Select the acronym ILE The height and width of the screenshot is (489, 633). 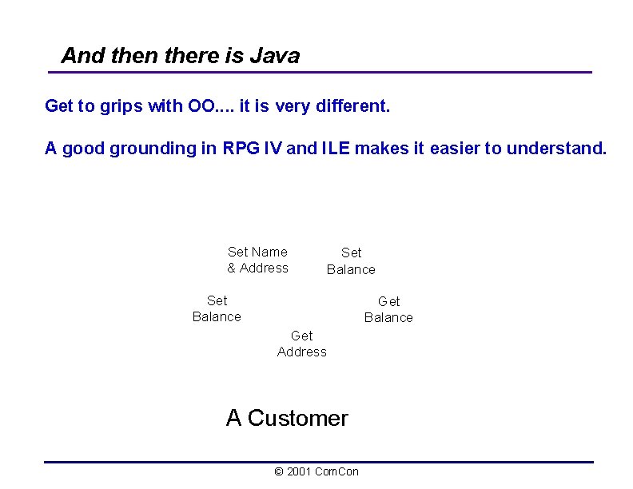click(x=336, y=149)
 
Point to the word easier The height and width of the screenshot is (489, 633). click(x=455, y=149)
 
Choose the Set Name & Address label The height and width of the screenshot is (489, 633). click(x=257, y=260)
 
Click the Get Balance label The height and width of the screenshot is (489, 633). click(x=388, y=309)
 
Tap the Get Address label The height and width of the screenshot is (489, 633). click(x=302, y=344)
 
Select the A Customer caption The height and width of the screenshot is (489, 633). click(x=287, y=418)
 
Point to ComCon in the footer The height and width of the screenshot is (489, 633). click(x=336, y=471)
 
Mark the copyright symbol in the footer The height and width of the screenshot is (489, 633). click(x=278, y=471)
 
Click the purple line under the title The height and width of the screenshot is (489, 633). click(x=320, y=73)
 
